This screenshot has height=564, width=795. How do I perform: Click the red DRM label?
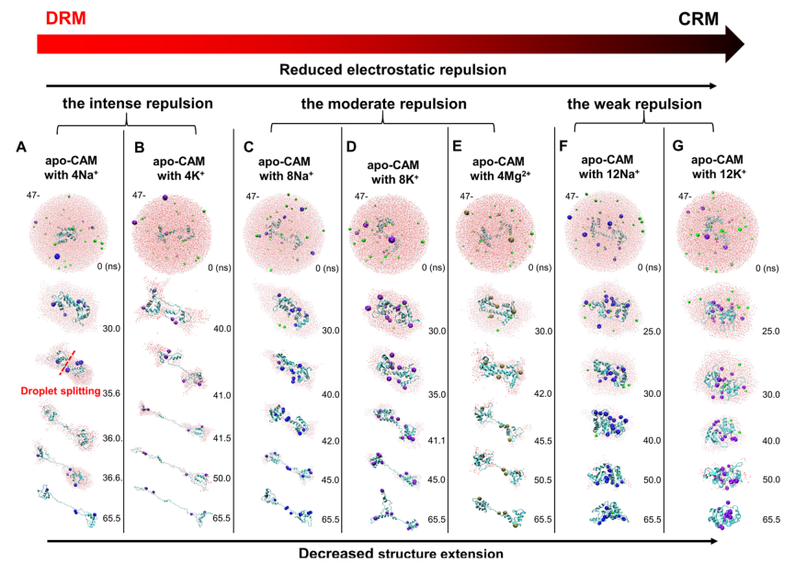pyautogui.click(x=66, y=18)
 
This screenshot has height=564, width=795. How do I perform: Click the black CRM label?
pyautogui.click(x=698, y=19)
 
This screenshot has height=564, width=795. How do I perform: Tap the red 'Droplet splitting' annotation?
pyautogui.click(x=61, y=390)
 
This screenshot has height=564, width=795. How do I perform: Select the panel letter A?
pyautogui.click(x=21, y=147)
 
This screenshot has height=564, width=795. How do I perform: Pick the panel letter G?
pyautogui.click(x=677, y=146)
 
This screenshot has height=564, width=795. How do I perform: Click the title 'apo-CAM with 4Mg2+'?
pyautogui.click(x=500, y=169)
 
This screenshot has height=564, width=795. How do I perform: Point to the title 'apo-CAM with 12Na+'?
pyautogui.click(x=608, y=166)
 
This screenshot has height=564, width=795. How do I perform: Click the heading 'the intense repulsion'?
pyautogui.click(x=137, y=104)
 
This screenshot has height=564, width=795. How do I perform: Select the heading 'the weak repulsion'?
pyautogui.click(x=634, y=104)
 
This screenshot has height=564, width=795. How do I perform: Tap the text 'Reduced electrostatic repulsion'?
pyautogui.click(x=393, y=70)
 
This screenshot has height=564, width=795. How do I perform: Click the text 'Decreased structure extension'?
pyautogui.click(x=401, y=553)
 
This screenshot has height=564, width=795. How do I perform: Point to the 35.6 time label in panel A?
pyautogui.click(x=111, y=393)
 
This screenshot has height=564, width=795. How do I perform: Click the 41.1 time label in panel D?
pyautogui.click(x=437, y=440)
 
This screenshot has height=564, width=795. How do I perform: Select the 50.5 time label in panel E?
pyautogui.click(x=543, y=479)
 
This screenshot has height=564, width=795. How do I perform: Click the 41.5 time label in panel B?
pyautogui.click(x=222, y=438)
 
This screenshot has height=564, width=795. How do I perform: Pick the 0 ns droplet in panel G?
pyautogui.click(x=717, y=232)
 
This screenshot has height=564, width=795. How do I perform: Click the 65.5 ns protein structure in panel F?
pyautogui.click(x=609, y=513)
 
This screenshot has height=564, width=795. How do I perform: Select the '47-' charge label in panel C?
pyautogui.click(x=253, y=196)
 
